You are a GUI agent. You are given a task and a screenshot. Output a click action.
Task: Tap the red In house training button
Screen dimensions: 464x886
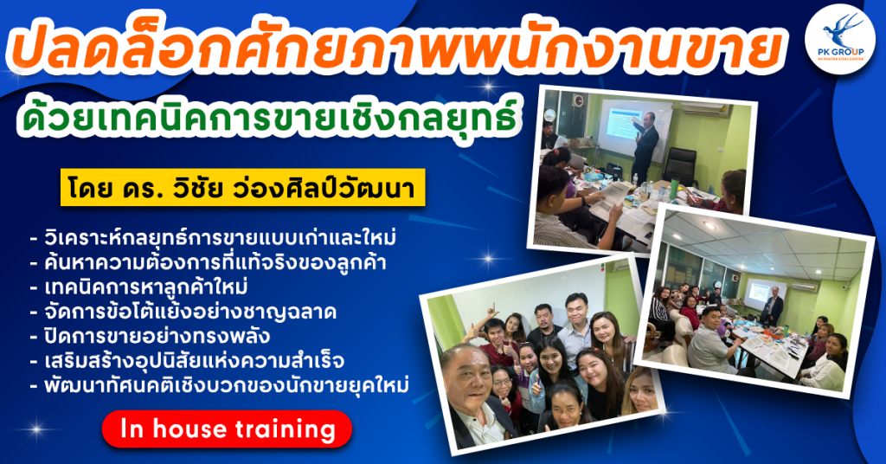pos(227,429)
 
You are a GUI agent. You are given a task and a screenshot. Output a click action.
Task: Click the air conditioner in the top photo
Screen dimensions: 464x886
pos(705,109)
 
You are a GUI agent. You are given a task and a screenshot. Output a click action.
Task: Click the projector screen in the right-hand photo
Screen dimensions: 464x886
pos(760,293)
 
